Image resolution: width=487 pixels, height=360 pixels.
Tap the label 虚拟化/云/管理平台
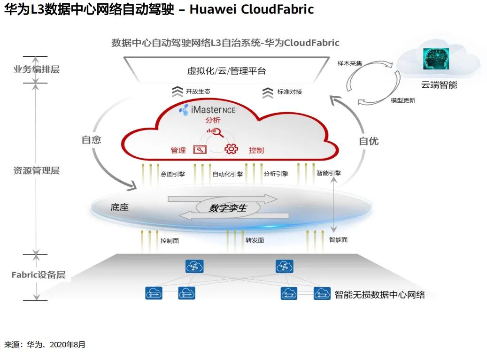coord(226,71)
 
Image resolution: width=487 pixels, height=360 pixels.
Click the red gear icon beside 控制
coord(231,149)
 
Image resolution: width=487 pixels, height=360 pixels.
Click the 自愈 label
coord(92,140)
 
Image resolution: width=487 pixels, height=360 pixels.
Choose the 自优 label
coord(369,141)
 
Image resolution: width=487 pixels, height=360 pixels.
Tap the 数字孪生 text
coord(227,207)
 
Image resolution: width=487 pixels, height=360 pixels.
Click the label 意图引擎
coord(173,174)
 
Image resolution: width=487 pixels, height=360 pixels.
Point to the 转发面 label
coord(255,240)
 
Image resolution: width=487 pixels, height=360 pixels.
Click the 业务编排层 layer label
coord(36,69)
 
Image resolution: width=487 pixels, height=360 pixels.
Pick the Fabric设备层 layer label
coord(39,275)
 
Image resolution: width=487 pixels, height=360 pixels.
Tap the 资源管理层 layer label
coord(36,171)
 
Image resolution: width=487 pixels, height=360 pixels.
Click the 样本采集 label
coord(349,63)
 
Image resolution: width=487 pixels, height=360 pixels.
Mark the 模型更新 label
coord(403,100)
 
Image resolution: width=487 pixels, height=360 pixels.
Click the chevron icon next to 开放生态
coord(177,92)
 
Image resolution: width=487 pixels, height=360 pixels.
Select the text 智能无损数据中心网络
coord(379,295)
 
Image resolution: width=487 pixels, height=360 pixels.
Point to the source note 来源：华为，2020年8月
coord(45,345)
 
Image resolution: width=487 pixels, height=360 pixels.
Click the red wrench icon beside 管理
coord(200,150)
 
